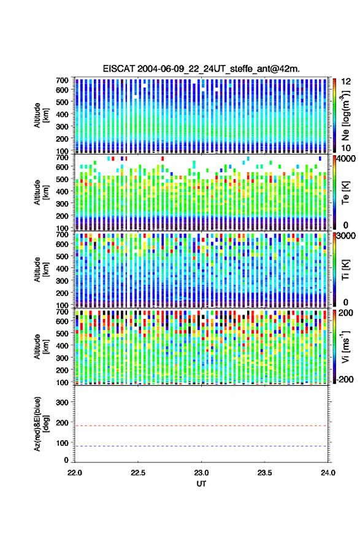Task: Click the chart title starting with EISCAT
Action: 201,69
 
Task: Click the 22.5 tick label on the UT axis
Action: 138,473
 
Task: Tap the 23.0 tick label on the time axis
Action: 201,473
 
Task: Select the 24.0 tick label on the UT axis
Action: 327,473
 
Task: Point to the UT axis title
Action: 201,484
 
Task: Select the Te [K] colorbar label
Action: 345,193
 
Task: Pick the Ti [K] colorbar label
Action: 345,270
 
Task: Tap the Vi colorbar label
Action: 345,346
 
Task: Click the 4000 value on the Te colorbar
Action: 346,159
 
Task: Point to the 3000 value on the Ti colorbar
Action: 346,236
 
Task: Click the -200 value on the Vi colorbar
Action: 345,380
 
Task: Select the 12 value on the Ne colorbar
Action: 346,82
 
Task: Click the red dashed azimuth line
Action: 201,426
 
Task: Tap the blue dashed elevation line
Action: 201,446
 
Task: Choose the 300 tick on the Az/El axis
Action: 62,402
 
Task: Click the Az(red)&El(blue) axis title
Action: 41,424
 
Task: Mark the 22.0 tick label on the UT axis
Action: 75,473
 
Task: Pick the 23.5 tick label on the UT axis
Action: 264,473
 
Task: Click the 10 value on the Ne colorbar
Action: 346,148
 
